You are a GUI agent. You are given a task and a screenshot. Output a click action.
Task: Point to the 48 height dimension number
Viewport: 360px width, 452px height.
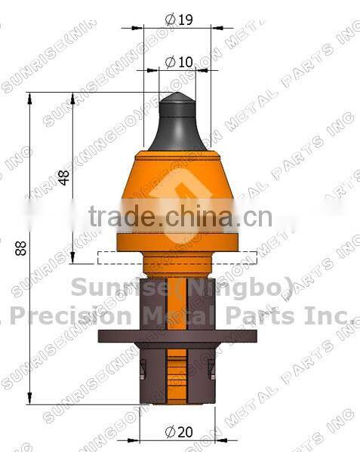[x=64, y=177]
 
